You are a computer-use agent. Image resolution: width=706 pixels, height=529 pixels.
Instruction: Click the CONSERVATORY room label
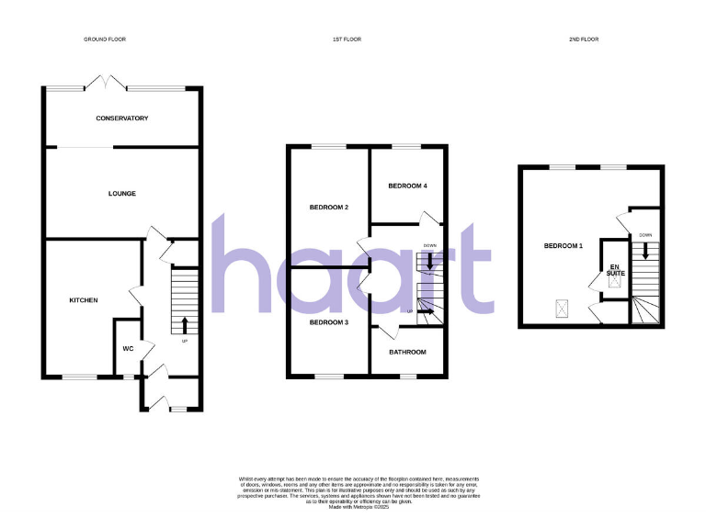tap(121, 118)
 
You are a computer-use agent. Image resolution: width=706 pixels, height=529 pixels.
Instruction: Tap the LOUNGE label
tap(121, 194)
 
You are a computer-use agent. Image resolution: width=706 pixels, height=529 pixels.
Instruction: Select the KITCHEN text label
tap(84, 300)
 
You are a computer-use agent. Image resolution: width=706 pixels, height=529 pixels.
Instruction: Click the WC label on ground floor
tap(128, 348)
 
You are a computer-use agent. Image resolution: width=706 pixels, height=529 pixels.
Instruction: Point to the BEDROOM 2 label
tap(328, 208)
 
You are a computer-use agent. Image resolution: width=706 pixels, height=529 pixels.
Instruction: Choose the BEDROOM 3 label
tap(328, 322)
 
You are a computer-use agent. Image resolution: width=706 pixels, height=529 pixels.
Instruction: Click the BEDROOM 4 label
tap(407, 186)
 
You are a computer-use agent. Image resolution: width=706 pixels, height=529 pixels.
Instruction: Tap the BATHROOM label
tap(407, 352)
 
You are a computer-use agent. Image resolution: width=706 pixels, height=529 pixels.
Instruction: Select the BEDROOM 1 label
tap(563, 246)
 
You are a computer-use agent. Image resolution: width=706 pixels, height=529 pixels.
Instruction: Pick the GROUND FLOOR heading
tap(104, 39)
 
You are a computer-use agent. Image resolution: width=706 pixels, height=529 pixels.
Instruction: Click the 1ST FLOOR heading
tap(345, 39)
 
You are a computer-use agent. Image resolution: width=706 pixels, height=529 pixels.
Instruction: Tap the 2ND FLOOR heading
tap(584, 39)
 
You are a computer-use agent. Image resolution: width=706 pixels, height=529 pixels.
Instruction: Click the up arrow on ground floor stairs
tap(185, 324)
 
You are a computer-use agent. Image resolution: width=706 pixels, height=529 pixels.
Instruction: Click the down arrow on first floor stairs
tap(429, 260)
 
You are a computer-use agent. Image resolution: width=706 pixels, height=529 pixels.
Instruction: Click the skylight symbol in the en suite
tap(613, 286)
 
